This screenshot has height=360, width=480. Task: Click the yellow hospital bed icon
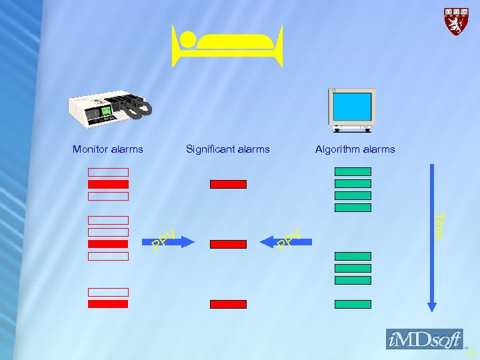tap(227, 45)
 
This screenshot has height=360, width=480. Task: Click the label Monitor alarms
tap(107, 149)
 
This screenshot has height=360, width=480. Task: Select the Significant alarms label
tap(228, 149)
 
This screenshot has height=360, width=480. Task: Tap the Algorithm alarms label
tap(355, 149)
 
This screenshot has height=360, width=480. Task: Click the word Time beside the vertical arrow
tap(439, 225)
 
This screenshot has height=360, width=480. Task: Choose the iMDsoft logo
tap(424, 339)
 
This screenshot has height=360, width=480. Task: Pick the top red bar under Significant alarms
tap(228, 184)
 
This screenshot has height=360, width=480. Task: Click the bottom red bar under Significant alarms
tap(228, 304)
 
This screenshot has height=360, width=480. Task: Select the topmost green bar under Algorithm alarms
tap(353, 171)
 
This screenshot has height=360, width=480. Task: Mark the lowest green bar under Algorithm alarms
tap(353, 304)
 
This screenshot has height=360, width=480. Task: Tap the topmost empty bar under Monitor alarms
tap(108, 172)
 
